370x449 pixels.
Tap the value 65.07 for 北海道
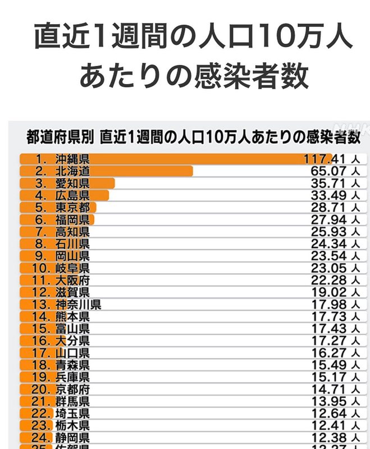328,171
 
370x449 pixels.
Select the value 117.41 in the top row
325,159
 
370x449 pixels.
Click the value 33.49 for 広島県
328,195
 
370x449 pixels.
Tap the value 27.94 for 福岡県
328,219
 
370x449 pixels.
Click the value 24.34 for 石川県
328,244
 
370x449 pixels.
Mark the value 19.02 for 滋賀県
328,292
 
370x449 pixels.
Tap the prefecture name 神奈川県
78,305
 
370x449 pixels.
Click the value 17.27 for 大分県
328,341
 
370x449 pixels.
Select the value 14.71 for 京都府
328,389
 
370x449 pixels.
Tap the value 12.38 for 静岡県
328,438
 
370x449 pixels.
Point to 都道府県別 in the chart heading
60,136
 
